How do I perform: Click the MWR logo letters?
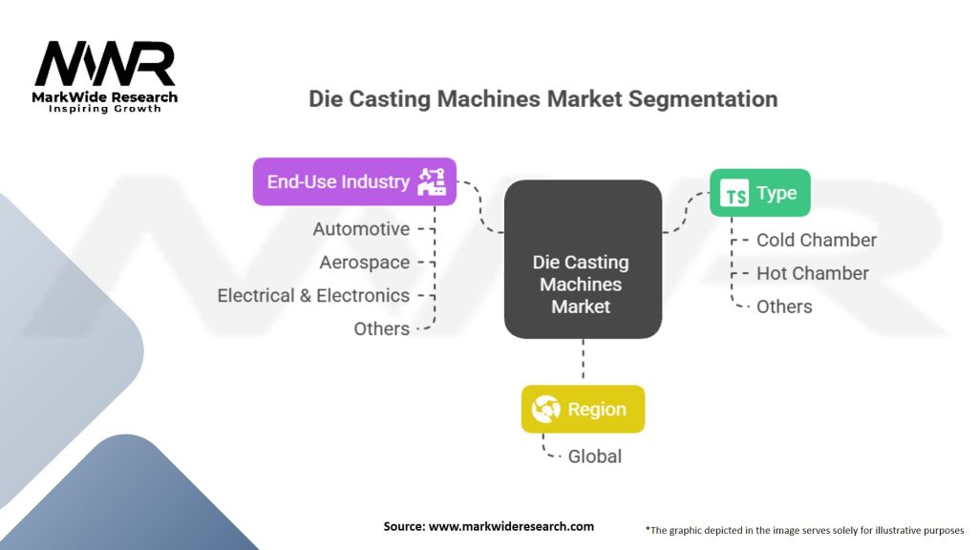click(x=105, y=65)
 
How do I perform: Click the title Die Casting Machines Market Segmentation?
click(x=542, y=98)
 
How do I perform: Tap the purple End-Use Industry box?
click(x=354, y=181)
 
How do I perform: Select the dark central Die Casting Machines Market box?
click(x=583, y=260)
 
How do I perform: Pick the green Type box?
click(x=759, y=194)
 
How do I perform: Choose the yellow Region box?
click(x=583, y=410)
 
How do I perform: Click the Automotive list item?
click(x=361, y=229)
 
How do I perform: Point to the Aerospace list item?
click(x=365, y=263)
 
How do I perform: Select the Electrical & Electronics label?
click(x=313, y=296)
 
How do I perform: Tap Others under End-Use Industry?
click(x=382, y=328)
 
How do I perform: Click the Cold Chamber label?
click(x=817, y=241)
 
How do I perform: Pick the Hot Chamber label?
click(x=813, y=273)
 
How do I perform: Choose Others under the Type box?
click(x=784, y=307)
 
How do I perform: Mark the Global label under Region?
click(x=595, y=456)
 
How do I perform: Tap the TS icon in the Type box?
click(x=735, y=195)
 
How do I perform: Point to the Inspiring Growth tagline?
click(x=105, y=109)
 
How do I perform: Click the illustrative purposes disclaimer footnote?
click(x=804, y=529)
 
